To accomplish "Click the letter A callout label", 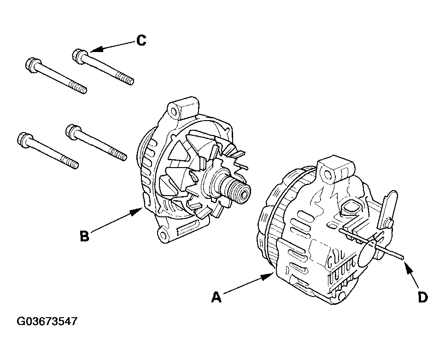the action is tap(216, 297).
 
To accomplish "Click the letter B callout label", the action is tap(85, 236).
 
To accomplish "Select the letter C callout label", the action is tap(141, 41).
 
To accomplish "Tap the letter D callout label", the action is tap(422, 297).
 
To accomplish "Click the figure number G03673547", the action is tap(47, 321).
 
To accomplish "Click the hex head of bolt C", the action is tap(78, 56).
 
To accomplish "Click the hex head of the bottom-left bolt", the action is tap(23, 139).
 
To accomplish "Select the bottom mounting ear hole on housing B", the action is tap(163, 235).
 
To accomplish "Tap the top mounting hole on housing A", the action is tap(326, 173).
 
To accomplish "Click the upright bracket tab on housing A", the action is tap(388, 207).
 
